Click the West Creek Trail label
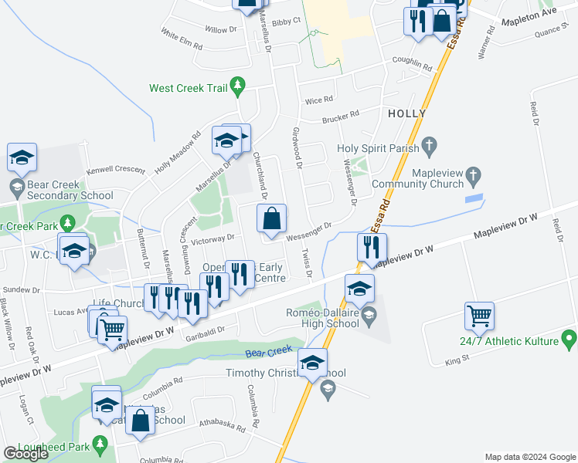click(188, 88)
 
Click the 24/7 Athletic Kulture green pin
click(570, 338)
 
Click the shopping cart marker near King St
click(479, 316)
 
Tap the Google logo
click(25, 454)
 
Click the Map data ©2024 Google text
click(530, 457)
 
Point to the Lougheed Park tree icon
click(100, 444)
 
